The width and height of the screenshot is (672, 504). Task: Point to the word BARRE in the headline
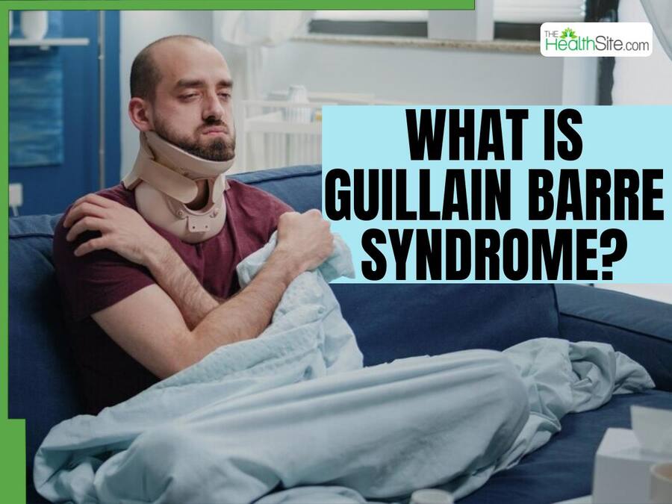tap(596, 196)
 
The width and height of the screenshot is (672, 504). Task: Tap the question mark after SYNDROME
tap(610, 255)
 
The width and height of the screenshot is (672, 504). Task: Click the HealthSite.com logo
tap(596, 40)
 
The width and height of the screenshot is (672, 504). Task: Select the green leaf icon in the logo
tap(569, 33)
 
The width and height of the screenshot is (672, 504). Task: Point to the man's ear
tap(140, 113)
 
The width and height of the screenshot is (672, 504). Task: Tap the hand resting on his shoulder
tap(107, 225)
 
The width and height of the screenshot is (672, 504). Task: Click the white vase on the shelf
tap(34, 25)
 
